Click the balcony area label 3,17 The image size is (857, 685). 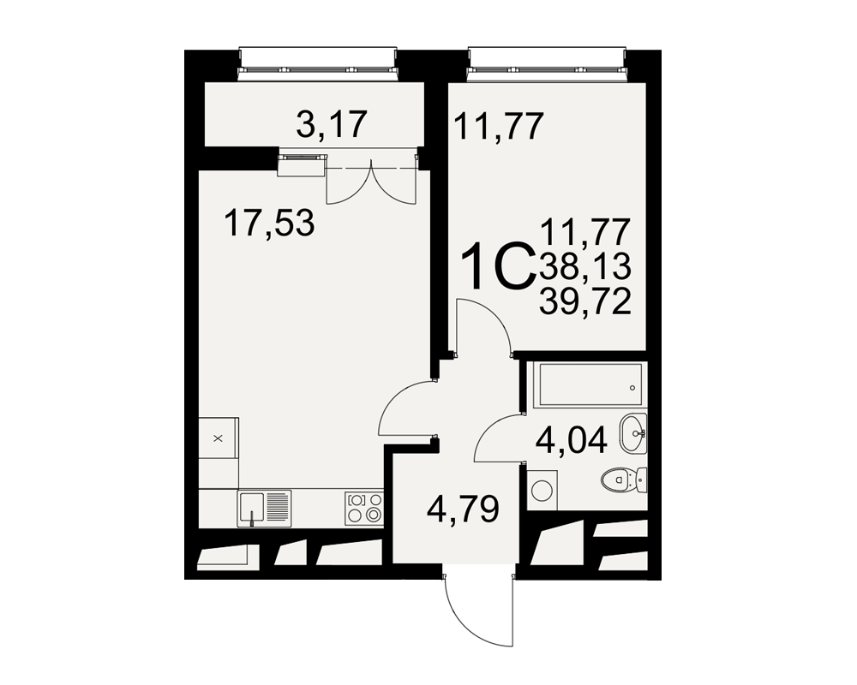[x=331, y=124]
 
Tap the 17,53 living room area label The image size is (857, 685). [x=269, y=223]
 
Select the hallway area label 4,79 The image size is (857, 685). [x=463, y=509]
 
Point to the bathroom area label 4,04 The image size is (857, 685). [x=571, y=440]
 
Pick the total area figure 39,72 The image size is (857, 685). [x=585, y=301]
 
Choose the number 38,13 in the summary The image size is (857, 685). [x=585, y=267]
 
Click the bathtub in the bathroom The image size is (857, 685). [x=590, y=384]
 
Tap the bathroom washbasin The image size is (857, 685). [x=633, y=432]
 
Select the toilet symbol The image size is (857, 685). [x=624, y=480]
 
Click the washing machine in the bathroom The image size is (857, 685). [x=542, y=490]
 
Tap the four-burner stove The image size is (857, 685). [x=364, y=508]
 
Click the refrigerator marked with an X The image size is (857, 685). [x=218, y=438]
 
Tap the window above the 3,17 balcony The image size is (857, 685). [x=318, y=61]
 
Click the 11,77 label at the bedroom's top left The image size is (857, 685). [x=499, y=126]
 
